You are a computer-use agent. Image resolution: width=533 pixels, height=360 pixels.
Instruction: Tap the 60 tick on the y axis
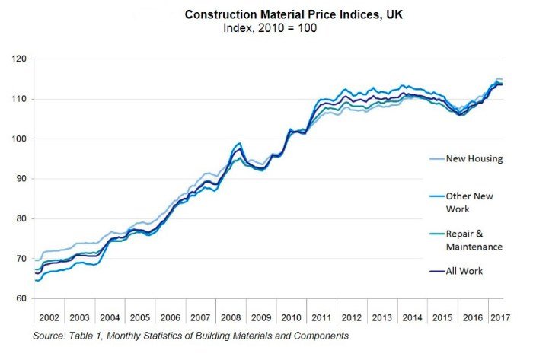click(21, 299)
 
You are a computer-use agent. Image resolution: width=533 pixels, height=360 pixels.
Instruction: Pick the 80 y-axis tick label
click(21, 219)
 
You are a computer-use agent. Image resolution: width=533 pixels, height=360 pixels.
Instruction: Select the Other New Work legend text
click(468, 202)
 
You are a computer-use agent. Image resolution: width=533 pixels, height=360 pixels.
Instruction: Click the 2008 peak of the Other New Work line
click(240, 143)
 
